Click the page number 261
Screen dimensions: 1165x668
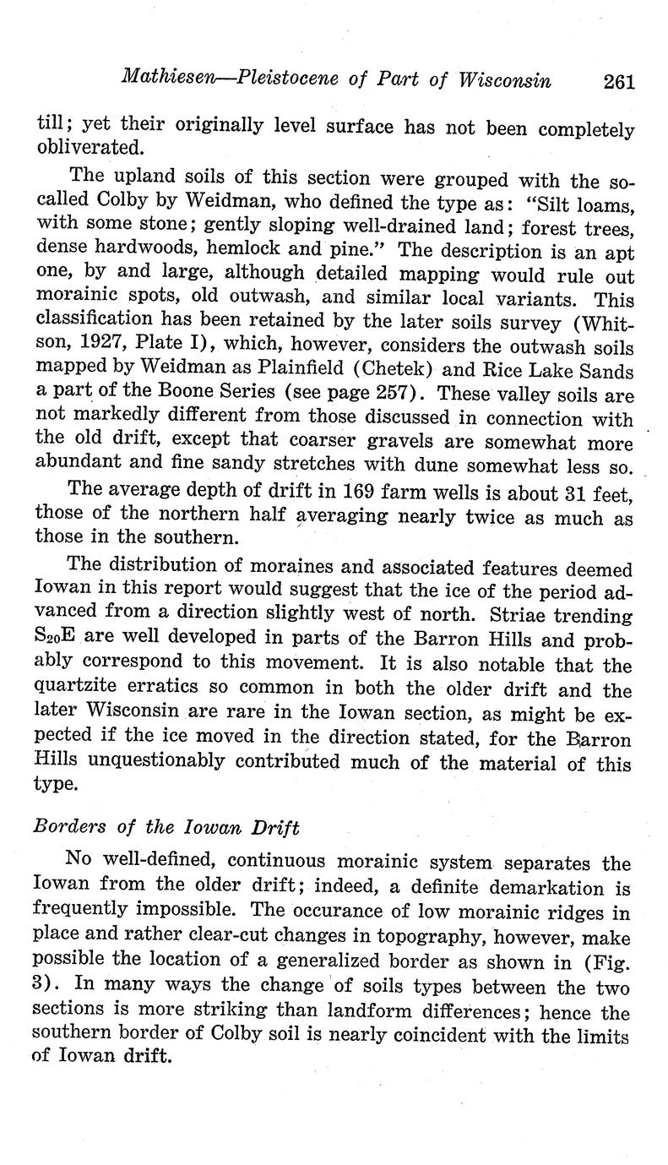click(x=618, y=82)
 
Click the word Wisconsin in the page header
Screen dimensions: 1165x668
click(x=504, y=80)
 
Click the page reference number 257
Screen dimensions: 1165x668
click(x=398, y=395)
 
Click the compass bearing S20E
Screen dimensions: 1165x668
click(x=62, y=640)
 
